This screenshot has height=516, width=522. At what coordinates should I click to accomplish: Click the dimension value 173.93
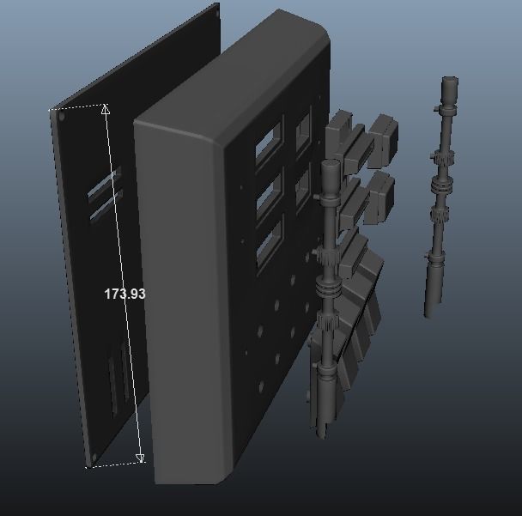[125, 294]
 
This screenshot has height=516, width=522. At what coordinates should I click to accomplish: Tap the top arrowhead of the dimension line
[106, 109]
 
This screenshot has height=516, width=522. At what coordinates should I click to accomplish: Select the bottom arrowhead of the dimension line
[141, 458]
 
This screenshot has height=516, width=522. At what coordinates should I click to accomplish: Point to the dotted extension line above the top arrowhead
[82, 106]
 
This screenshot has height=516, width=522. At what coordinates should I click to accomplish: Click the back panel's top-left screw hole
[62, 116]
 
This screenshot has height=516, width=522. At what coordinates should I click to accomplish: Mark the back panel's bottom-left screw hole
[94, 457]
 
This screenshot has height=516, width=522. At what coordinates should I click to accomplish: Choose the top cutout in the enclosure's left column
[267, 141]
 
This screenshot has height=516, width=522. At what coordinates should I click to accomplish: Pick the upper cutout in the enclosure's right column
[303, 134]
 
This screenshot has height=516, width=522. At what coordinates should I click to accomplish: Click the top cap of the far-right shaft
[450, 88]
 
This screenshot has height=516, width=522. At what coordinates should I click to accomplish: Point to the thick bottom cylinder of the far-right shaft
[433, 288]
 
